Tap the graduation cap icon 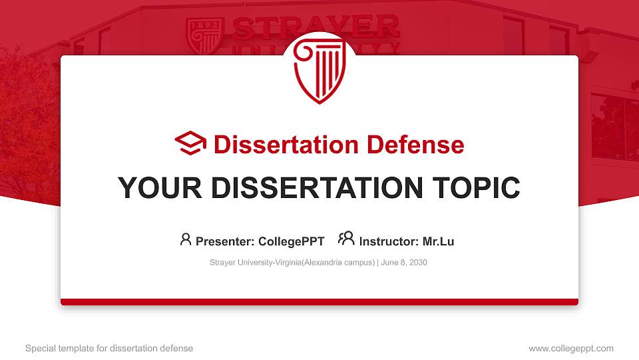pyautogui.click(x=191, y=143)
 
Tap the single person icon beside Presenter pyautogui.click(x=186, y=239)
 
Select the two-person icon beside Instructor pyautogui.click(x=346, y=239)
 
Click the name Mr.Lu pyautogui.click(x=438, y=241)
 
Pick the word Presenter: pyautogui.click(x=224, y=241)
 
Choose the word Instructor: pyautogui.click(x=389, y=241)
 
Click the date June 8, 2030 pyautogui.click(x=405, y=263)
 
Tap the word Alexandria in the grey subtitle pyautogui.click(x=327, y=263)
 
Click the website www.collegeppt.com pyautogui.click(x=571, y=348)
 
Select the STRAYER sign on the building pyautogui.click(x=316, y=29)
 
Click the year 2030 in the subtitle pyautogui.click(x=418, y=263)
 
